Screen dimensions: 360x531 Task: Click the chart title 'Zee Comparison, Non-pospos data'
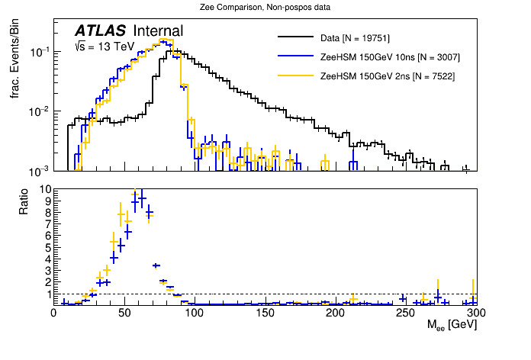click(x=265, y=7)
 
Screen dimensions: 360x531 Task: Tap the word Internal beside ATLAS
click(x=158, y=31)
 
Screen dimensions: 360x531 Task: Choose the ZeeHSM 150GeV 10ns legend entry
click(x=390, y=56)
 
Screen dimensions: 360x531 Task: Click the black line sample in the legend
click(x=296, y=37)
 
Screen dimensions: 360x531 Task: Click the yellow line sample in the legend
click(x=296, y=76)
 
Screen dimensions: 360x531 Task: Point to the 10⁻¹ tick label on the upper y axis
click(x=38, y=52)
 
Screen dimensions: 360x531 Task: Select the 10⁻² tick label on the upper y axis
click(x=38, y=111)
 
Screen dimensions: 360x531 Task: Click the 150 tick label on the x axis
click(x=265, y=313)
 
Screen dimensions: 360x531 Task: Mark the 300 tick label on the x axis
click(x=476, y=313)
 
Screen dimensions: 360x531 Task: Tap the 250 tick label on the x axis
click(x=406, y=313)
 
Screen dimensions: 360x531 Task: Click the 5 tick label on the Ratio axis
click(x=47, y=247)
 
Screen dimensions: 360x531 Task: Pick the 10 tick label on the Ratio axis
click(x=44, y=189)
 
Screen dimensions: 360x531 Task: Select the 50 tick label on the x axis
click(x=124, y=313)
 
